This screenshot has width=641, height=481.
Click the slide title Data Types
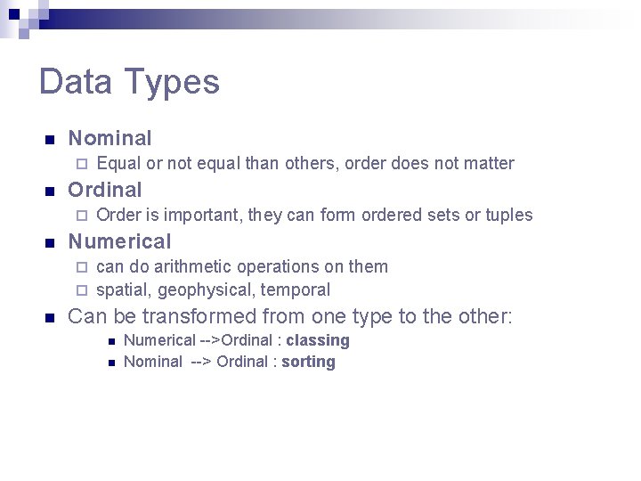129,82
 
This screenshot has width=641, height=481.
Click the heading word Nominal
110,138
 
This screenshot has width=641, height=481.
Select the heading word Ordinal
105,190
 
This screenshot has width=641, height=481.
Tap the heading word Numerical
119,241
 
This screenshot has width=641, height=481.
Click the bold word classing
318,340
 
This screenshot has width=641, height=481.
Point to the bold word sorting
308,362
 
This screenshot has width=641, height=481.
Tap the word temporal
295,289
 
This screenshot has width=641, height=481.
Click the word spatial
121,289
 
